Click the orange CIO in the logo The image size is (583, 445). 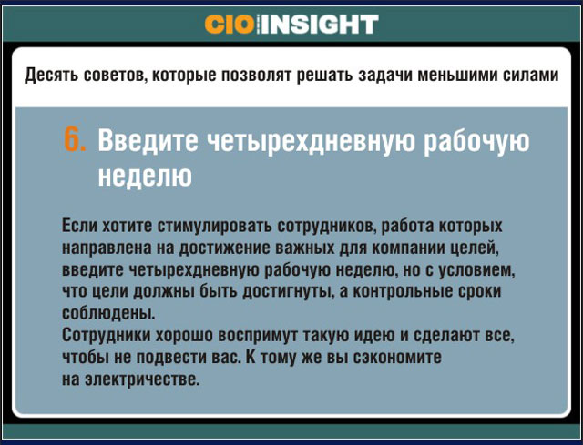coord(230,25)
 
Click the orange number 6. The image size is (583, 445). coord(75,139)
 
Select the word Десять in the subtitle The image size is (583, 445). coord(51,76)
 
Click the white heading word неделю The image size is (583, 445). coord(145,176)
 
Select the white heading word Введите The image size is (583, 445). coord(148,140)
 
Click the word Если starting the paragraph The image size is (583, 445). coord(79,226)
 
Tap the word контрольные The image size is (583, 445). coord(402,292)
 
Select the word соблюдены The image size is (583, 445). coord(108,314)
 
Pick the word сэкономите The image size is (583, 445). coord(397,358)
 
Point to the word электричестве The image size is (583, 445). coord(142,379)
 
